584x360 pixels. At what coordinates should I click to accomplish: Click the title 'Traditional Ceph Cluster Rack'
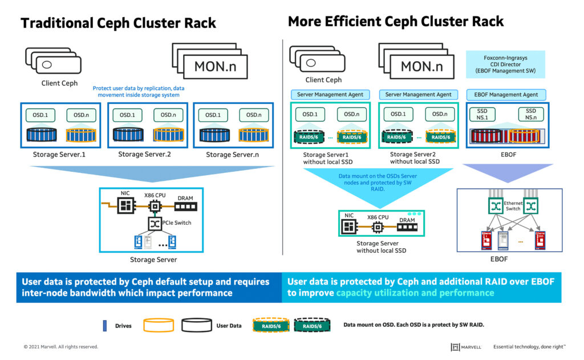[x=119, y=23]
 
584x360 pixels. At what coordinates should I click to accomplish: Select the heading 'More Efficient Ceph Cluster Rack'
[x=396, y=22]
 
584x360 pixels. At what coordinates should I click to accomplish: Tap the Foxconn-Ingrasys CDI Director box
[x=505, y=64]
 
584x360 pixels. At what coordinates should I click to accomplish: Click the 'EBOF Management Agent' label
[x=505, y=95]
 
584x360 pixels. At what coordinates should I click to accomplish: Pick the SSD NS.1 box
[x=482, y=114]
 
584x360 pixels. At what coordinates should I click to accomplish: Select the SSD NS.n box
[x=530, y=114]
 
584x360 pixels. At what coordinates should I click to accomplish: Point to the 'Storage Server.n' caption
[x=233, y=155]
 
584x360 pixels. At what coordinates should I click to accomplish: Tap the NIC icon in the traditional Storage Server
[x=125, y=205]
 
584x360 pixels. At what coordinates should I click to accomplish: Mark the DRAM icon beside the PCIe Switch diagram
[x=185, y=206]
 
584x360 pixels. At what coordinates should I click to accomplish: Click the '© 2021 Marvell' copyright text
[x=60, y=346]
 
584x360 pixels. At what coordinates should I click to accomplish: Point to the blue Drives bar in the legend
[x=104, y=325]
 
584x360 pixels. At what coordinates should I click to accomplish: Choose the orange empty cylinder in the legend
[x=158, y=325]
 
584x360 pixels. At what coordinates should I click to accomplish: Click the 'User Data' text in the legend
[x=228, y=326]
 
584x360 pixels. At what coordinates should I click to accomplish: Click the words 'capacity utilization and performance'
[x=415, y=293]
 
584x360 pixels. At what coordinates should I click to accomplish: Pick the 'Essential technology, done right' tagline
[x=529, y=346]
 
